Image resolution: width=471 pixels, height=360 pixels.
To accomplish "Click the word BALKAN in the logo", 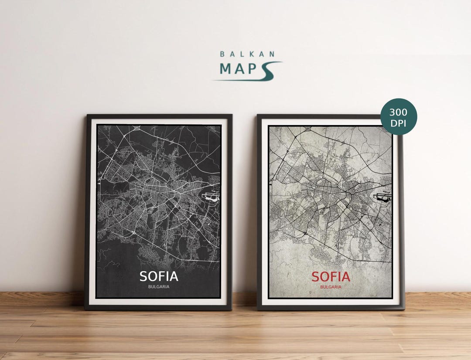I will pyautogui.click(x=247, y=54).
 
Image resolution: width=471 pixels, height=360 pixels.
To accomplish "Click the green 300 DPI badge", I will pyautogui.click(x=399, y=116).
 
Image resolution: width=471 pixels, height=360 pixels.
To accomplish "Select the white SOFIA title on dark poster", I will pyautogui.click(x=159, y=276).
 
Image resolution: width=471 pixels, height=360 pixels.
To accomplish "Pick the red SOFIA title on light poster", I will pyautogui.click(x=331, y=277).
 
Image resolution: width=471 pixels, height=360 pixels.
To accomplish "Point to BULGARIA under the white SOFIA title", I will pyautogui.click(x=159, y=287).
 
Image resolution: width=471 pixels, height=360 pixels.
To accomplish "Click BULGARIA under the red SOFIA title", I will pyautogui.click(x=331, y=287).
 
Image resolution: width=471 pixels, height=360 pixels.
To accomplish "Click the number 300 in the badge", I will pyautogui.click(x=399, y=112).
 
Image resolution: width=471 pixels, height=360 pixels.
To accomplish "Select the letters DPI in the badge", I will pyautogui.click(x=399, y=122).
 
